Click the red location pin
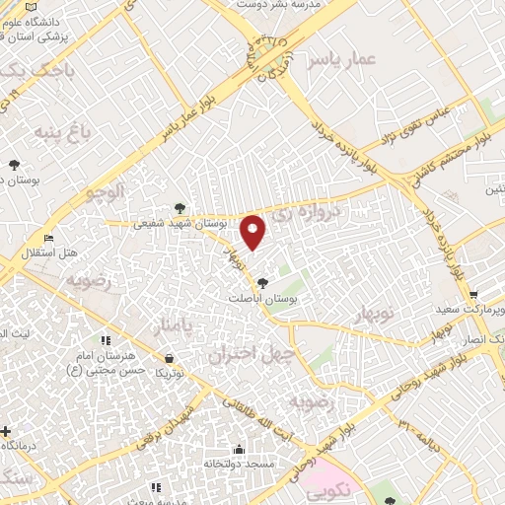pos(254,231)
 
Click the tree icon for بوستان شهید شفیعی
pos(180,207)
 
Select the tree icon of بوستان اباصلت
pos(260,284)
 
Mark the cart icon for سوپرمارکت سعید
pos(474,295)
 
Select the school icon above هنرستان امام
pos(106,340)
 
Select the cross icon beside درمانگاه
pos(7,431)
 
